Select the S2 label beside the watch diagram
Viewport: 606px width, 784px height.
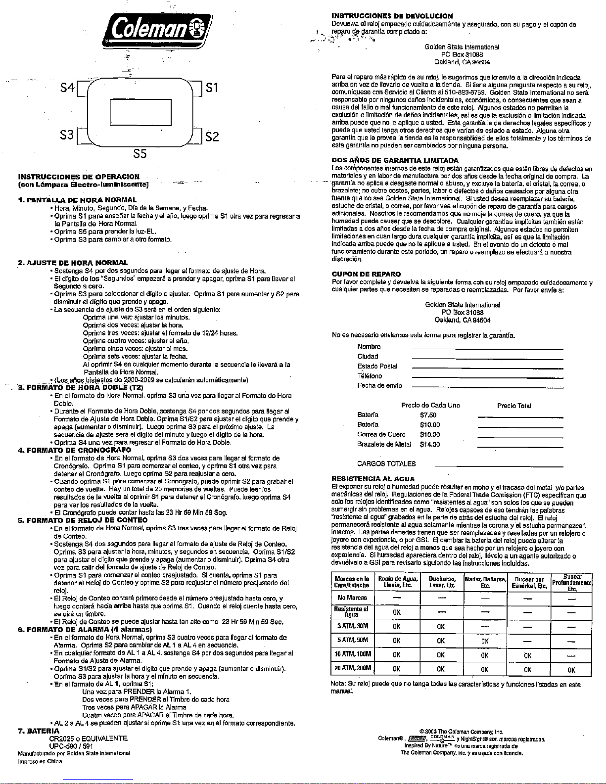coord(212,136)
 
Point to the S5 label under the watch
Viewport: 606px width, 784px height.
coord(140,154)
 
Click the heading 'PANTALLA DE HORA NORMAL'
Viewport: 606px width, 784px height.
coord(80,200)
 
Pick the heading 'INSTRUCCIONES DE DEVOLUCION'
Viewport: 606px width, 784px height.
coord(392,16)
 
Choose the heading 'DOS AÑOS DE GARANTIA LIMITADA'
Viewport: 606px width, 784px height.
coord(395,160)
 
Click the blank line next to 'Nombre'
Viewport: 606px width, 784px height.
coord(487,349)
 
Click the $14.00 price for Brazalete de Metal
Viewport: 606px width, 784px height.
coord(429,444)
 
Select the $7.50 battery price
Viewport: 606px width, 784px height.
coord(428,415)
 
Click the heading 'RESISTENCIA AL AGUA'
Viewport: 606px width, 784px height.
coord(373,479)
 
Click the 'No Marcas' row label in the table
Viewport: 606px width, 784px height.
coord(352,598)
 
